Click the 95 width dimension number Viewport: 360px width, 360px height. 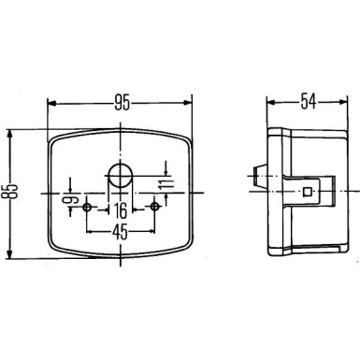tap(122, 103)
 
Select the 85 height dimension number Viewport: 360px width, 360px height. tap(10, 191)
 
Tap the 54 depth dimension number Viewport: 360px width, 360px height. tap(309, 102)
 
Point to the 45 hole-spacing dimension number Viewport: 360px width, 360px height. tap(120, 232)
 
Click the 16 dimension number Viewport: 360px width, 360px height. tap(120, 210)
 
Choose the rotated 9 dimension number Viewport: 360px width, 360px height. tap(72, 200)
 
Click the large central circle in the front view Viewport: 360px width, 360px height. tap(121, 176)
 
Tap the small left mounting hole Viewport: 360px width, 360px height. tap(87, 207)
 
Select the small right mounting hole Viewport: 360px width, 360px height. tap(154, 207)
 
